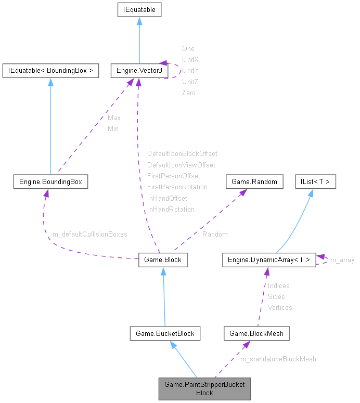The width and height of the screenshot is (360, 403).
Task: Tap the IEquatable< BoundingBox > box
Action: point(50,71)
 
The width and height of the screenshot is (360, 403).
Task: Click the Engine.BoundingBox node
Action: point(50,181)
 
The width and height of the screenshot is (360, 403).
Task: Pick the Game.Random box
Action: point(254,181)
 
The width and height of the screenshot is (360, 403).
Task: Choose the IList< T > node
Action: point(315,181)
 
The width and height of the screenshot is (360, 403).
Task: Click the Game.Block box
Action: point(163,260)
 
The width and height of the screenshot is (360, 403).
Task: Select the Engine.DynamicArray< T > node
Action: point(268,260)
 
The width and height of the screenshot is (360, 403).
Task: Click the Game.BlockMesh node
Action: point(256,333)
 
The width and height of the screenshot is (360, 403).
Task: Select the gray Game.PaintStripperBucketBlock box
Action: point(204,388)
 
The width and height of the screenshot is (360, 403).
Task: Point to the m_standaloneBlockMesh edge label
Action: point(278,359)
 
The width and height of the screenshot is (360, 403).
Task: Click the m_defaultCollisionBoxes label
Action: point(90,235)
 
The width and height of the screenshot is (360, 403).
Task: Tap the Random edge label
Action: point(215,235)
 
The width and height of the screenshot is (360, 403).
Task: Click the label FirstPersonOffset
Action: point(173,176)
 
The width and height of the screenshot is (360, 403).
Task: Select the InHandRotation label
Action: point(171,209)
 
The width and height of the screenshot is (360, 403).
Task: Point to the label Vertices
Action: point(280,307)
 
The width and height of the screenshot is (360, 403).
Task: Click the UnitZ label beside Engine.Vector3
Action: point(190,82)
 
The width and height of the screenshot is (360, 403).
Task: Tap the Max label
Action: point(114,118)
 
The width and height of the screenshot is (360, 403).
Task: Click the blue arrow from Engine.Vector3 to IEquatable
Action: point(139,42)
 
